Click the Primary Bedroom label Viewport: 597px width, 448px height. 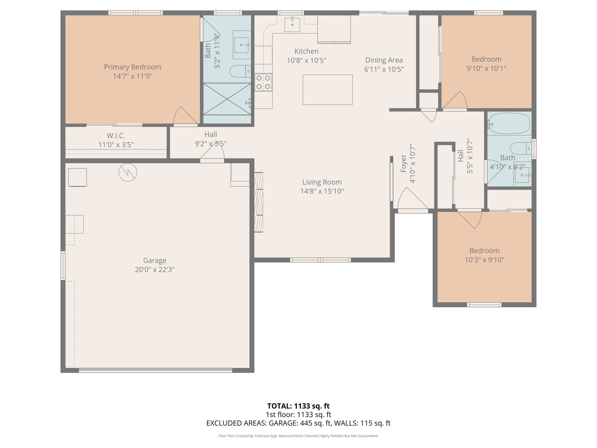coord(132,67)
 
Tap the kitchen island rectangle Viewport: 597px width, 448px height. coord(327,90)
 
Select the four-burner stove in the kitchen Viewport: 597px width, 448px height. coord(263,82)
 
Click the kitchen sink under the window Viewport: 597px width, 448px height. coord(292,24)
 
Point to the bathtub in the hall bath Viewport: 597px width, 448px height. coord(509,124)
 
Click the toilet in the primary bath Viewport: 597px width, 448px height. coord(240,71)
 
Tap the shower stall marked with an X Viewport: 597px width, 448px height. coord(227,99)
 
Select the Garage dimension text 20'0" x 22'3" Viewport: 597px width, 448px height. coord(154,269)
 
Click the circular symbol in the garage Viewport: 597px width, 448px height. coord(128,172)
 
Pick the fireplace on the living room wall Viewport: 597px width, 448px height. coord(259,202)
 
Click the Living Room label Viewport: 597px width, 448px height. coord(322,182)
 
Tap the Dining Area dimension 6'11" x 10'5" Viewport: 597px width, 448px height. coord(384,69)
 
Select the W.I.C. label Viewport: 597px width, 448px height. coord(116,136)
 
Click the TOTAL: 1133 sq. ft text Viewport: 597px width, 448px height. coord(298,406)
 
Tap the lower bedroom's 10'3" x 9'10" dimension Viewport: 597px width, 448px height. coord(484,260)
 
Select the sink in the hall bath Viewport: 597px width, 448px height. coord(522,175)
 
